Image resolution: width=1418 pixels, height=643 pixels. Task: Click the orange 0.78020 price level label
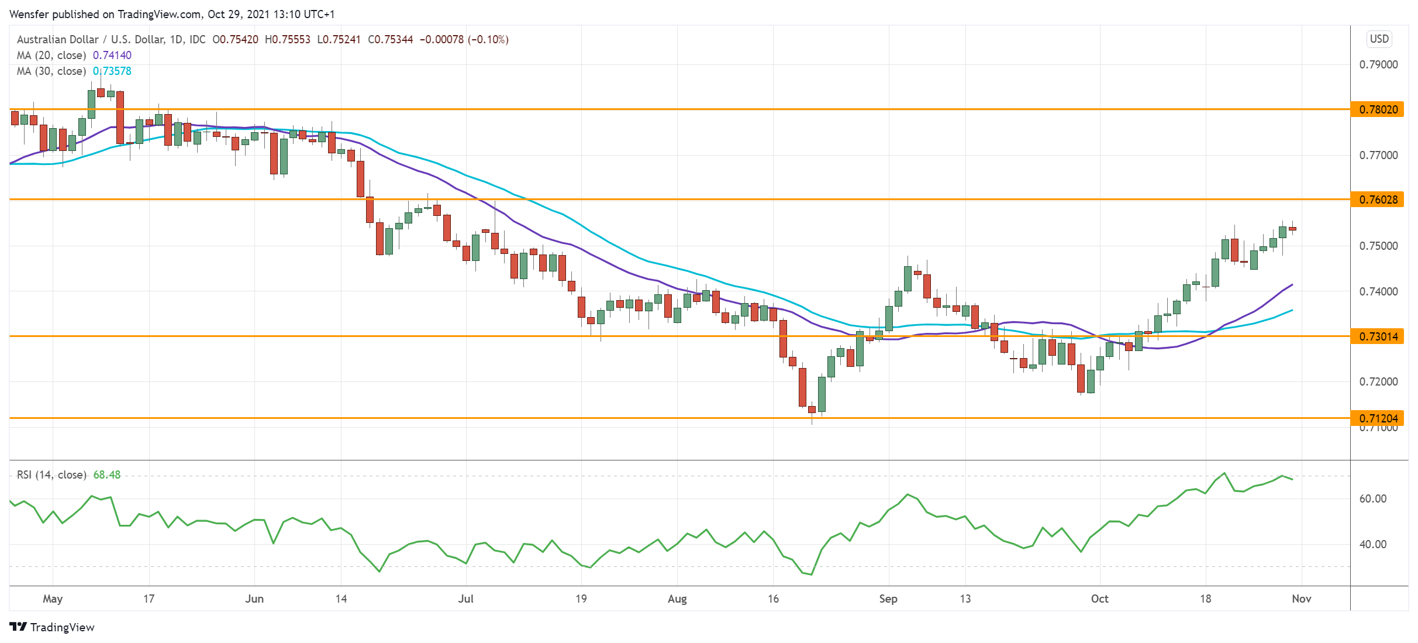coord(1377,109)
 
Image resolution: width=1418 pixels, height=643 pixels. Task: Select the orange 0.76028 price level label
coord(1377,200)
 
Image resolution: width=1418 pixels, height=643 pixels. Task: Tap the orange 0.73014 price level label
coord(1377,336)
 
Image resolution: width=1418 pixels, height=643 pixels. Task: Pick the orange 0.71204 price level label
coord(1377,418)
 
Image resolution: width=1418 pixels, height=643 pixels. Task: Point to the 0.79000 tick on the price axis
coord(1378,64)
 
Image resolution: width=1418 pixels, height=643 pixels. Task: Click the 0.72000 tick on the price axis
coord(1378,381)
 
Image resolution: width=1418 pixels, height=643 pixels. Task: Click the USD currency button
coord(1379,39)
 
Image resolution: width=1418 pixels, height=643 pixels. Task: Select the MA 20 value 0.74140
coord(112,55)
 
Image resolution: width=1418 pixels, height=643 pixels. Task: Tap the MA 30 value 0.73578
coord(112,71)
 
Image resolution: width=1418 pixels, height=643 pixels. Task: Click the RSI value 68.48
coord(107,474)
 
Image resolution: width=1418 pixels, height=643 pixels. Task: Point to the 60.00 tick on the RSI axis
coord(1372,498)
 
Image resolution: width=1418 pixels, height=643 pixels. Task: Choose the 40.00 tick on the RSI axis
coord(1372,544)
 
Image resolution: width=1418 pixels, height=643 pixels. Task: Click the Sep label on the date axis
coord(888,599)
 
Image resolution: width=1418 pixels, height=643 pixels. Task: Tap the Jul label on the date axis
coord(465,599)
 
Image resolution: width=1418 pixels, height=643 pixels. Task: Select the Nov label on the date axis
coord(1301,599)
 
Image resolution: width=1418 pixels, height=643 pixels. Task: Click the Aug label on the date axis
coord(677,599)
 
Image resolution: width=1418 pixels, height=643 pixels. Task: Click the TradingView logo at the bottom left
coord(52,627)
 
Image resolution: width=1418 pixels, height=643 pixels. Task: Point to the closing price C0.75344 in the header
coord(390,39)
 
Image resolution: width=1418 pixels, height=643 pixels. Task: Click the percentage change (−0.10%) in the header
coord(488,39)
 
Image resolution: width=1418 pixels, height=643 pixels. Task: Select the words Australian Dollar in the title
coord(57,39)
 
